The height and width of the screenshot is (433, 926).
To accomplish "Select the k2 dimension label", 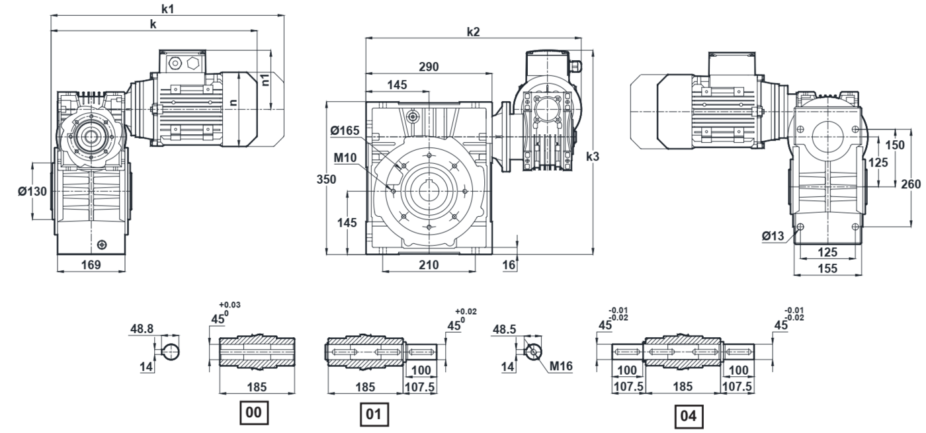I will click(x=473, y=32).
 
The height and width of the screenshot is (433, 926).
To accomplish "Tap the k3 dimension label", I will click(x=593, y=157).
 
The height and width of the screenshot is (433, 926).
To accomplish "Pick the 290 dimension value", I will click(x=428, y=67).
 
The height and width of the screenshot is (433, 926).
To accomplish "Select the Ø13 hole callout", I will click(x=773, y=235).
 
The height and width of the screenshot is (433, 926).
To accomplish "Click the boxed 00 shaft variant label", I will click(x=255, y=413).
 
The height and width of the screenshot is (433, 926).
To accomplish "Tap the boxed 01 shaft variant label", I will click(x=374, y=415).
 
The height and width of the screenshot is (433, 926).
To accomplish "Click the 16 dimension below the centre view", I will click(x=509, y=265).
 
